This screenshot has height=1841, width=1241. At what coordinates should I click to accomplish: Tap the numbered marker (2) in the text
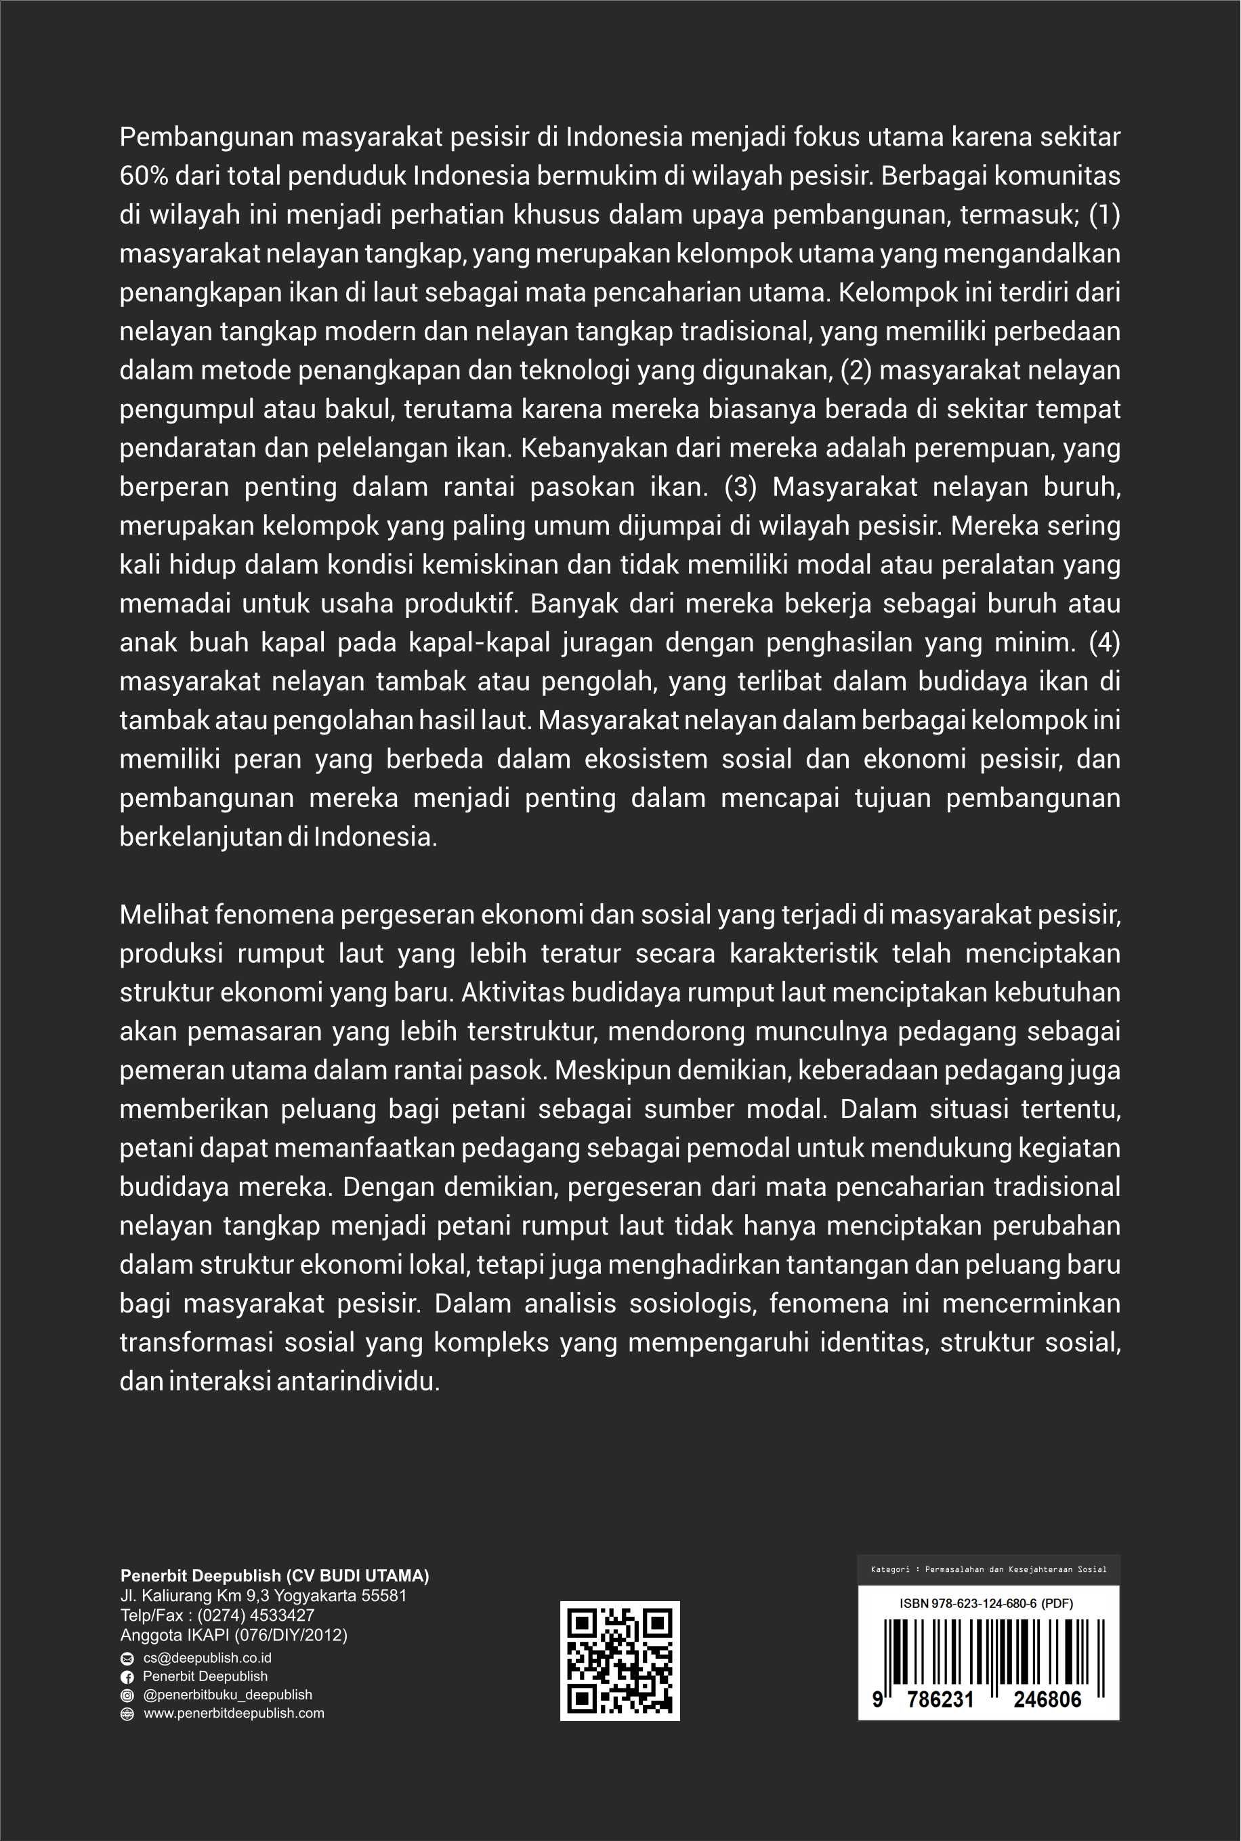pyautogui.click(x=856, y=371)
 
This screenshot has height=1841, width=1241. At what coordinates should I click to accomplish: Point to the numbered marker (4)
pyautogui.click(x=1105, y=642)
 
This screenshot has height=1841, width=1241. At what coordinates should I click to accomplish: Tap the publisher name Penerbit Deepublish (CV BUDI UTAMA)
pyautogui.click(x=274, y=1575)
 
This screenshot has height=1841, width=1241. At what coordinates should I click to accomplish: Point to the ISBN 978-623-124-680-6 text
pyautogui.click(x=986, y=1604)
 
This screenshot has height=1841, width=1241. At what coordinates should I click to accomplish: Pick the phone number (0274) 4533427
pyautogui.click(x=255, y=1615)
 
